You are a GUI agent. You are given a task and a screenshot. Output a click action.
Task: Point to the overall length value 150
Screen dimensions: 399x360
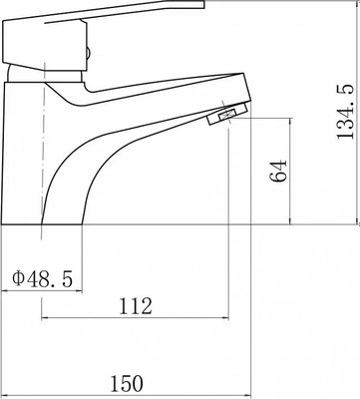coord(126,382)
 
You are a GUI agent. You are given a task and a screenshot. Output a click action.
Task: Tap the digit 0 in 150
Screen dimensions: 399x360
coord(139,382)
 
